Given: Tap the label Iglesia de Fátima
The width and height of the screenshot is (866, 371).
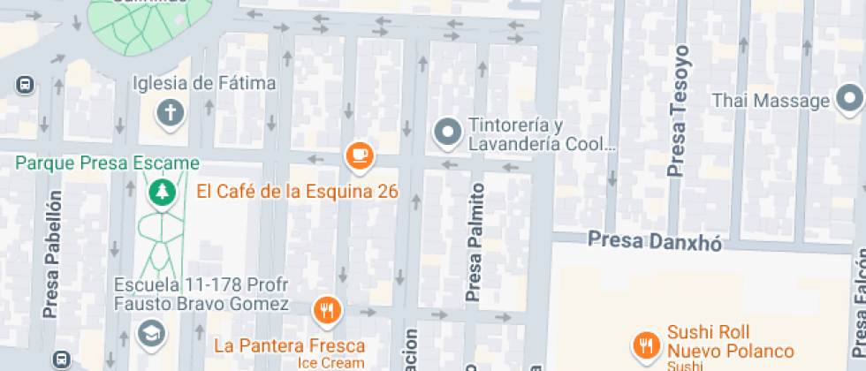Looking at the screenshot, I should click(204, 84).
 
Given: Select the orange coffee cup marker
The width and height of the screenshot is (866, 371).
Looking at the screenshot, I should click(359, 156).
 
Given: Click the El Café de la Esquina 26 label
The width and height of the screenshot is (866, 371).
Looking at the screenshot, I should click(297, 191).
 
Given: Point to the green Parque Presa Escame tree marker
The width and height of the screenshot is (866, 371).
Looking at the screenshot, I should click(160, 190).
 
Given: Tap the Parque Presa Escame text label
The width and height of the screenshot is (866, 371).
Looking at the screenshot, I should click(107, 163).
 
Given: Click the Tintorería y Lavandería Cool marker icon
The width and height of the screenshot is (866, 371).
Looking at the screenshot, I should click(447, 132).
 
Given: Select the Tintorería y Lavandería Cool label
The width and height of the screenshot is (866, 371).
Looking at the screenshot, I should click(540, 133).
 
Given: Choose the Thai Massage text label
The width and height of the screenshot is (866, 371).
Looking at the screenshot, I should click(771, 101).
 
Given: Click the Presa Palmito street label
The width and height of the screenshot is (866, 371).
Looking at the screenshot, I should click(476, 241).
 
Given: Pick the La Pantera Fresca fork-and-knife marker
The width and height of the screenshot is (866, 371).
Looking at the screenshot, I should click(327, 310).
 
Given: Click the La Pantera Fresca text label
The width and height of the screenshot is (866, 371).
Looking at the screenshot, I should click(290, 344).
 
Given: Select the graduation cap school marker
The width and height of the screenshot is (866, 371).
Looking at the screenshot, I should click(151, 332).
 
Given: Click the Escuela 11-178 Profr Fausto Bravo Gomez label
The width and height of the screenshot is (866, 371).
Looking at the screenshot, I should click(201, 295).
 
